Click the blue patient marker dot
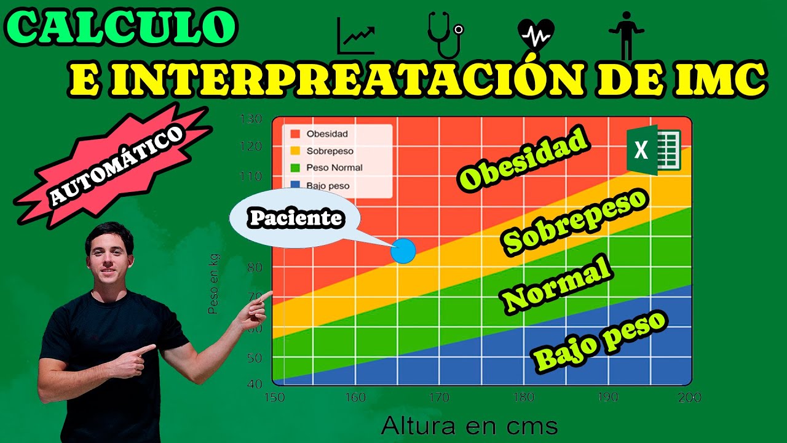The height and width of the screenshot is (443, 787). point(403,251)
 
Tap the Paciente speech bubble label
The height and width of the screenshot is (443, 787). point(295,218)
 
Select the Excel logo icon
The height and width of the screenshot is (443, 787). point(654,150)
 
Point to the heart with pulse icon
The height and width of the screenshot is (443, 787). point(536,36)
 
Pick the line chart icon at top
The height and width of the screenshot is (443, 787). point(355,36)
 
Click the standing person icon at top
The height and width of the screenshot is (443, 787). point(625,34)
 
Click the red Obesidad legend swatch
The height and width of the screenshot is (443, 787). point(295,134)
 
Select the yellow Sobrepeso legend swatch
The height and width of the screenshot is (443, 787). point(295,151)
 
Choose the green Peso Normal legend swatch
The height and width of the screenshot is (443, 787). point(295,167)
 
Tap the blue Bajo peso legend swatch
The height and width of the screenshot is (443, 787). point(295,185)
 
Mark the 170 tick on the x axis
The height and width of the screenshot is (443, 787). point(438,397)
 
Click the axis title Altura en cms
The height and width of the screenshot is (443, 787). point(469,426)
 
